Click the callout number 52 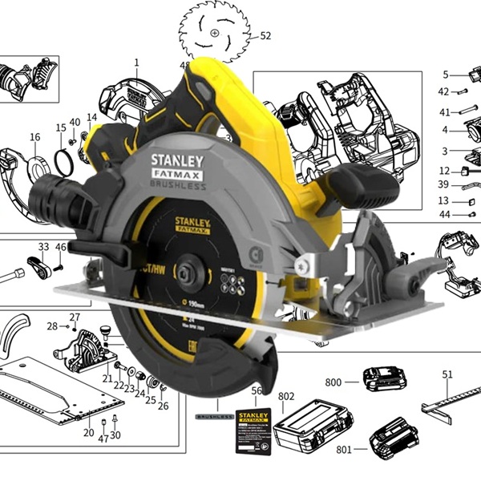point(266,36)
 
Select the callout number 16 point(34,138)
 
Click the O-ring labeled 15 point(64,161)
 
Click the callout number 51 point(448,374)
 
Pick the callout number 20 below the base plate point(89,433)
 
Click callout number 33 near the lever point(43,247)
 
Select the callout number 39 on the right point(444,185)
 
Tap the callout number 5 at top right point(445,75)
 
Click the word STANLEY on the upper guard point(177,160)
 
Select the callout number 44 point(444,215)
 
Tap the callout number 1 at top point(136,63)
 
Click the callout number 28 point(52,326)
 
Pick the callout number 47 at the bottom point(103,439)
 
